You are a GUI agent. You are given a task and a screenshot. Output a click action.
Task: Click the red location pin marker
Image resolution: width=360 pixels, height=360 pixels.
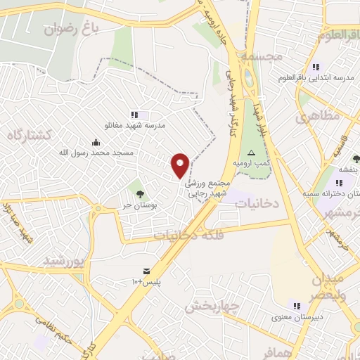(181, 166)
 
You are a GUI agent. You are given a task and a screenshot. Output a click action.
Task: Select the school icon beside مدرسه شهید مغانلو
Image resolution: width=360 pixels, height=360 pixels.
(135, 115)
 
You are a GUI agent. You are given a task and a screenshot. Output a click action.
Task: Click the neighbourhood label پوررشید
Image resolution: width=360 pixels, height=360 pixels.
(64, 261)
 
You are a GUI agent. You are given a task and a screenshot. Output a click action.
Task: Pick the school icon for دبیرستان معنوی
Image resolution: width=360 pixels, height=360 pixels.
(296, 306)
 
